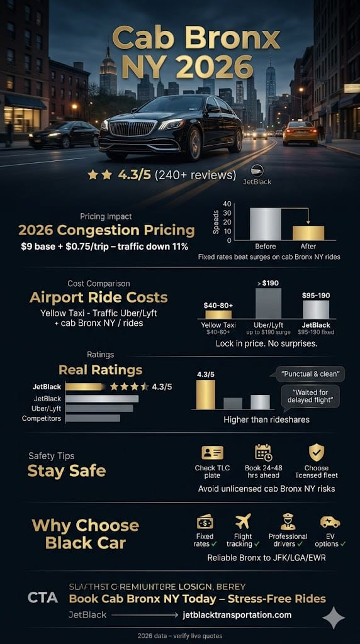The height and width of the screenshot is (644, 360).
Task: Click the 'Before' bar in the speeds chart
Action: click(265, 223)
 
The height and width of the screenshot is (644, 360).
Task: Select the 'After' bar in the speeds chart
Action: click(308, 232)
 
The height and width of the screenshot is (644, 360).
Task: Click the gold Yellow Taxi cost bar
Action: click(218, 314)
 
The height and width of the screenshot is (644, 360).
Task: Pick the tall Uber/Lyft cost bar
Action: click(267, 304)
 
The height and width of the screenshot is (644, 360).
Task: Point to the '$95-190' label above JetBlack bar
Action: click(316, 295)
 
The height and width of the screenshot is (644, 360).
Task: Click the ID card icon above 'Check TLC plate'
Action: click(212, 452)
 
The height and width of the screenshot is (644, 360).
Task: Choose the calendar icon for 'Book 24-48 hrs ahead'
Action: click(263, 452)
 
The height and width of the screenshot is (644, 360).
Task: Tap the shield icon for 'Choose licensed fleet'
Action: click(317, 452)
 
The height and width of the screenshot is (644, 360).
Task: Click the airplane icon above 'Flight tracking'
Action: click(242, 521)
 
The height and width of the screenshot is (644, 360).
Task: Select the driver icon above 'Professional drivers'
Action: click(288, 521)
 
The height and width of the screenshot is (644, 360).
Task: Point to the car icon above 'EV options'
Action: click(330, 521)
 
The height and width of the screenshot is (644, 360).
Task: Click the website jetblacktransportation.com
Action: click(237, 614)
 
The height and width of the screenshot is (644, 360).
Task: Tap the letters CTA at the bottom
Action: click(43, 597)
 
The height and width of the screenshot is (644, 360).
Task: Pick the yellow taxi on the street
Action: click(300, 133)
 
